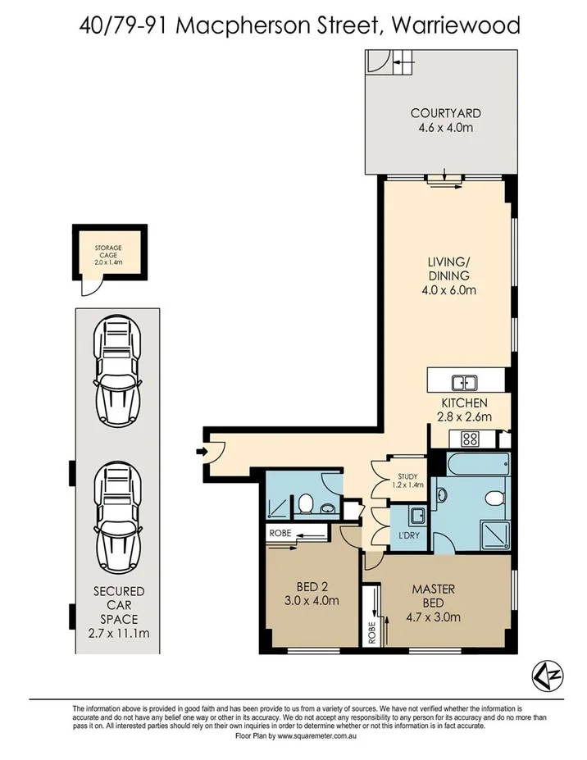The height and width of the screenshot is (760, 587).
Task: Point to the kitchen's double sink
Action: pos(465,382)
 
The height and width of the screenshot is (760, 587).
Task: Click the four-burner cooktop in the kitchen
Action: pos(470,439)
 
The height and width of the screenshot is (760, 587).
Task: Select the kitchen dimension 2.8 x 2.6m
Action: pos(465,416)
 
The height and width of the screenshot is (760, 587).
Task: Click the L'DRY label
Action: pos(410,535)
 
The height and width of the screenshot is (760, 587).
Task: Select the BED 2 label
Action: pos(311,587)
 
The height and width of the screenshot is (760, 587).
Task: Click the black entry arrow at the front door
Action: pos(201,451)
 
